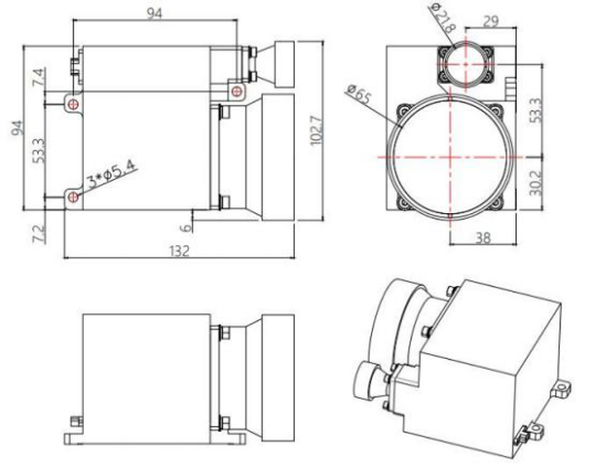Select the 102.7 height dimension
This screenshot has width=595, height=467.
tap(316, 130)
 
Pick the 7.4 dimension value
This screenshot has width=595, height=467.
tap(38, 77)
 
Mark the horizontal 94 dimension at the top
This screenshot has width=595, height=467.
tap(155, 13)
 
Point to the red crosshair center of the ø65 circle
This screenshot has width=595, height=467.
tap(451, 157)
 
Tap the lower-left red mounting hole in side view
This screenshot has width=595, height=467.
tap(74, 197)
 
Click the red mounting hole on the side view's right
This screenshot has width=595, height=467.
tap(237, 91)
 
